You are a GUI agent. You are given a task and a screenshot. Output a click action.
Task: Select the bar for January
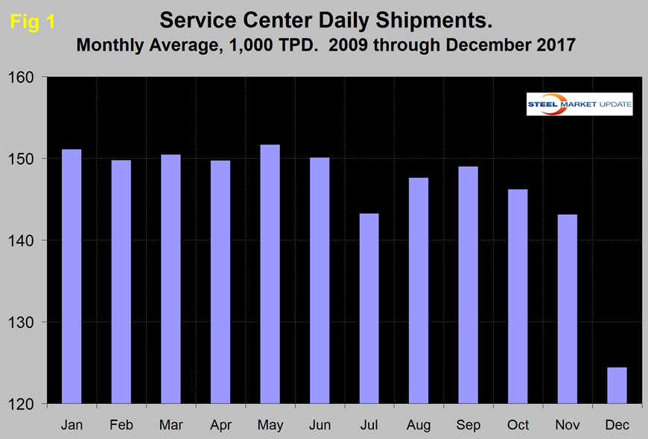pos(72,276)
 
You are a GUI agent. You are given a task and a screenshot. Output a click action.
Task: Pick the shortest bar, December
pos(617,385)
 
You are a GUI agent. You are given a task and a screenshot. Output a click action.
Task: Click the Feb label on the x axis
pos(121,425)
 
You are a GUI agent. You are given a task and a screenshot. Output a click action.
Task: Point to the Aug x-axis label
pos(419,425)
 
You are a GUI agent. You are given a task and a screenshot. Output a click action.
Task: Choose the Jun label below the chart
pos(320,425)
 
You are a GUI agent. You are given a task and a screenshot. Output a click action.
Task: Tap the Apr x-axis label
pos(220,425)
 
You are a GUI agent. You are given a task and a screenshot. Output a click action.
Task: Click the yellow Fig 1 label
pos(32,22)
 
